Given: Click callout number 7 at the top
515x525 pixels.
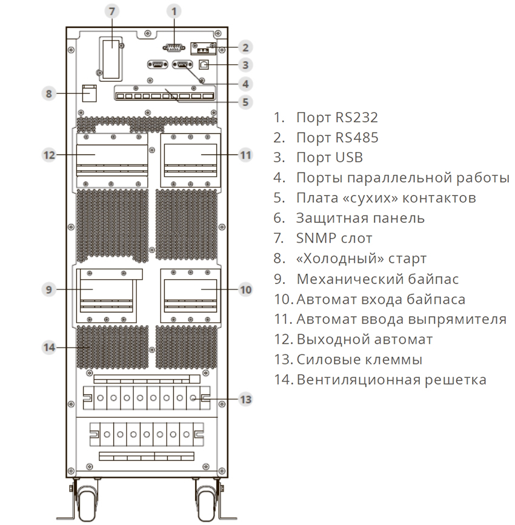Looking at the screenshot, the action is pos(112,12).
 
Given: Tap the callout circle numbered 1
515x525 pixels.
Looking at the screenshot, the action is pos(174,12).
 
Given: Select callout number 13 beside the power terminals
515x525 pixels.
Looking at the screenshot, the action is pos(245,399).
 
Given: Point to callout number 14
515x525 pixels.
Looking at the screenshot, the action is pos(49,347).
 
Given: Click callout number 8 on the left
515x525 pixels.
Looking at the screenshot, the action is pos(49,93).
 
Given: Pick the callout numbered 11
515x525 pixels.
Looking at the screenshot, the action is pos(245,155).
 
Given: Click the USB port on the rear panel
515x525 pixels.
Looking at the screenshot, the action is pos(204,64).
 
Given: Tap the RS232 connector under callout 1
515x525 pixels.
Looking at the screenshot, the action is pos(173,48).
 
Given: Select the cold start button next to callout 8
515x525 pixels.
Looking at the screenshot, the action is pos(90,93).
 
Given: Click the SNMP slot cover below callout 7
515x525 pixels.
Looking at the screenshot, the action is pos(111,59).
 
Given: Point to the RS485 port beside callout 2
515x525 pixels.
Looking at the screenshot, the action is pos(203,49).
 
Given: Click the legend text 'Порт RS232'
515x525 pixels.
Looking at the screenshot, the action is pos(337,117).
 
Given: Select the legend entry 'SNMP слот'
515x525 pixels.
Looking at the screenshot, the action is pos(334,238).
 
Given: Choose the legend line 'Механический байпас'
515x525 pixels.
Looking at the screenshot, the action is pos(377,279).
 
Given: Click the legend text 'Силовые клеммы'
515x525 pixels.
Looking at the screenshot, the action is pos(359,359).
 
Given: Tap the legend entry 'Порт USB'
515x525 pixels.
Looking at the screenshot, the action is pos(330,157).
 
